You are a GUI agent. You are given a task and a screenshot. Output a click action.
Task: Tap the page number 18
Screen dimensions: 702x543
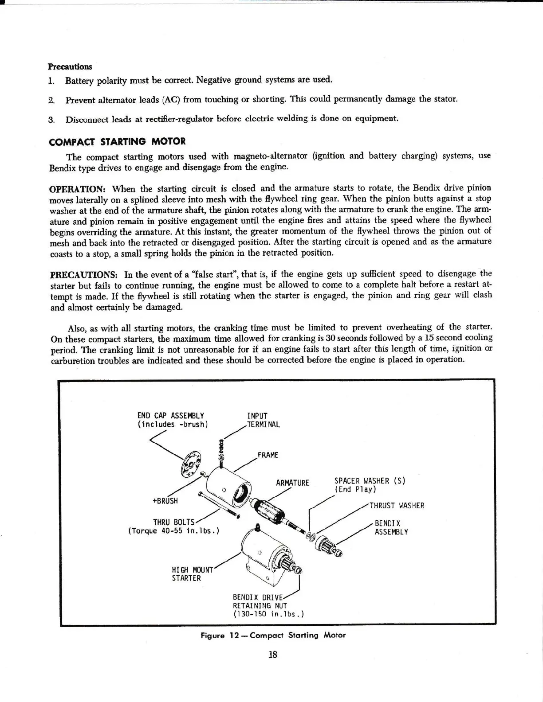click(x=272, y=655)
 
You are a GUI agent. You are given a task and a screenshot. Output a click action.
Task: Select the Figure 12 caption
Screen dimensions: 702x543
click(x=273, y=635)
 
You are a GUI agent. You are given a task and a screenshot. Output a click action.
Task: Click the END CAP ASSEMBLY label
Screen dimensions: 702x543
click(x=171, y=415)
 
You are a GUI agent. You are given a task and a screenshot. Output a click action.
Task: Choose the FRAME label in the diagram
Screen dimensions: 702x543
click(x=268, y=455)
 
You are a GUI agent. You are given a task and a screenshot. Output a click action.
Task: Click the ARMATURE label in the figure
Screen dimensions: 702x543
click(x=292, y=482)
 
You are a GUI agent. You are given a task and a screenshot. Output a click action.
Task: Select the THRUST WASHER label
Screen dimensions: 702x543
click(x=397, y=506)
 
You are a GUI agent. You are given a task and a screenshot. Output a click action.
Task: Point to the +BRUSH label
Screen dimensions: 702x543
click(x=165, y=501)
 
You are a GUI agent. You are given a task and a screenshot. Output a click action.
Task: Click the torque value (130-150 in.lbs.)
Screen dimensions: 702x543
click(x=268, y=614)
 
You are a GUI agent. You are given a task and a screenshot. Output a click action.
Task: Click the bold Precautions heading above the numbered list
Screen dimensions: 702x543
click(x=70, y=67)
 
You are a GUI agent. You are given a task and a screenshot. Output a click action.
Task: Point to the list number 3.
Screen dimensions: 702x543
click(x=51, y=120)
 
